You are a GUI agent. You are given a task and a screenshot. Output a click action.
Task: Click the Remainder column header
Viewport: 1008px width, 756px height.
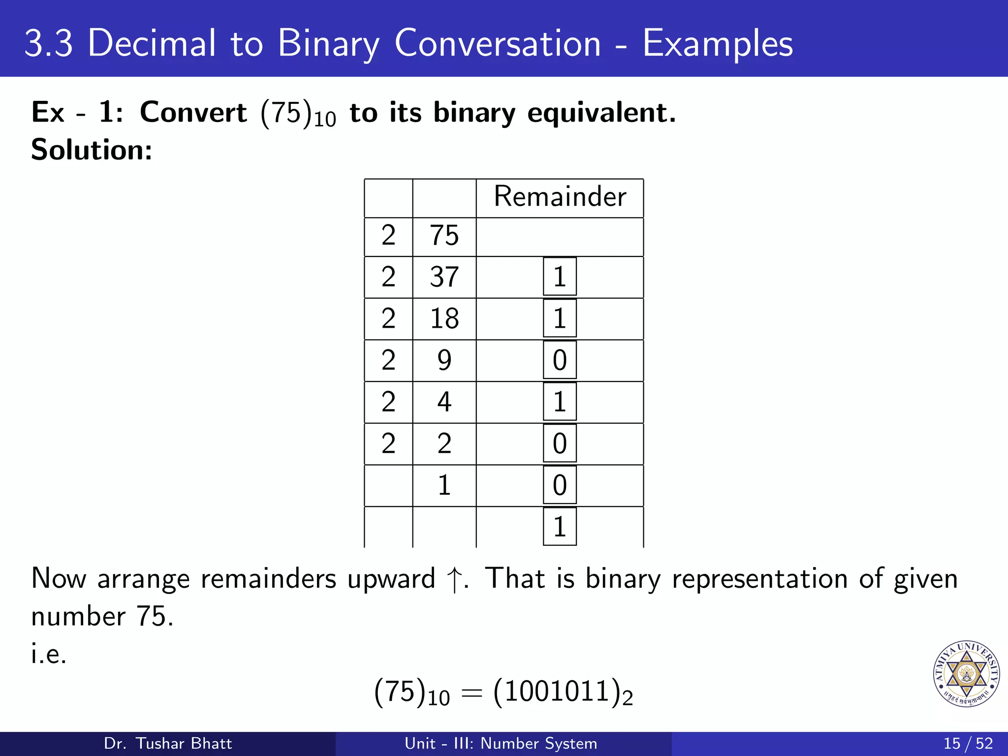(x=560, y=197)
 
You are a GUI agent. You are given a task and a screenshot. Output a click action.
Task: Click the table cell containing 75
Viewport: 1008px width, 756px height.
(x=444, y=235)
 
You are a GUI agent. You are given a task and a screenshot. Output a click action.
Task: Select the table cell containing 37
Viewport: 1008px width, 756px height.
(x=444, y=277)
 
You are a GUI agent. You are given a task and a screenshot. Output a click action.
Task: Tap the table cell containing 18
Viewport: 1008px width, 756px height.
(x=444, y=318)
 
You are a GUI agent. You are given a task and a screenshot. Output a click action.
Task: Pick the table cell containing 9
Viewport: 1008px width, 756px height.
(x=444, y=360)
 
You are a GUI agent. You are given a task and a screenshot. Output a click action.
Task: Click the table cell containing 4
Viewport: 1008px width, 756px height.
(x=444, y=402)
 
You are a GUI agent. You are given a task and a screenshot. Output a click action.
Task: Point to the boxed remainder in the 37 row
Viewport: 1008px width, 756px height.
(x=560, y=277)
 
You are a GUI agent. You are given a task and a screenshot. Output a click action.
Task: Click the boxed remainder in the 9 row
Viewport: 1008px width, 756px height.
(x=560, y=360)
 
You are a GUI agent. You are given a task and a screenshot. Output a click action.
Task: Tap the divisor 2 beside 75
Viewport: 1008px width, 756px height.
(x=388, y=235)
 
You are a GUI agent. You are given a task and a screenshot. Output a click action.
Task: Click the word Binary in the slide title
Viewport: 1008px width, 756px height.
(x=328, y=43)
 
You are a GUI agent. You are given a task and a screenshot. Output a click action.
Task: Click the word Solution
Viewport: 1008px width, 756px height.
(x=92, y=150)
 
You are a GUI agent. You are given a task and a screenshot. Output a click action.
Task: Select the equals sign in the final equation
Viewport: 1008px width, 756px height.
(x=471, y=693)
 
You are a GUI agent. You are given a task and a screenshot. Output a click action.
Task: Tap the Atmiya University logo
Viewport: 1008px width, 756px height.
(x=967, y=674)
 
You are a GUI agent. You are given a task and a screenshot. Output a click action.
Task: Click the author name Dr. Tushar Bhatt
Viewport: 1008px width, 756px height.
(x=168, y=743)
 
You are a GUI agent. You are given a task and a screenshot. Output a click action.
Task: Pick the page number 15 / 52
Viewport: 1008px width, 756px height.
(x=968, y=743)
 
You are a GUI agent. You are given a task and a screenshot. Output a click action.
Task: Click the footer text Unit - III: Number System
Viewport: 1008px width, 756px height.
(x=501, y=743)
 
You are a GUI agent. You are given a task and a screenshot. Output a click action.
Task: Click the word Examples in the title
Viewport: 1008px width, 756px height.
(x=718, y=43)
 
